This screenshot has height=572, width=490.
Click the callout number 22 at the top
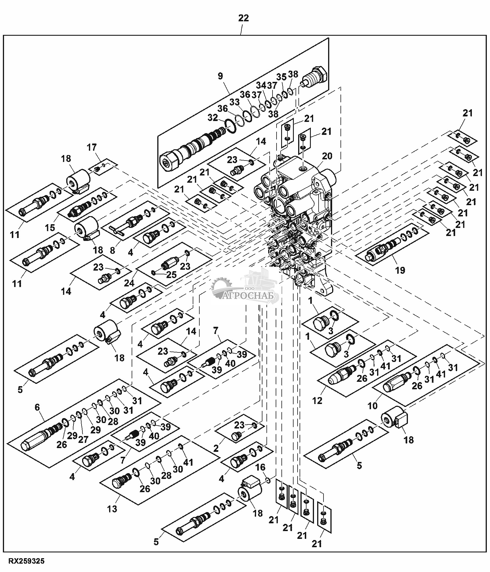(x=243, y=18)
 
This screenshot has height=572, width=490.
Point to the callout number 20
(x=327, y=156)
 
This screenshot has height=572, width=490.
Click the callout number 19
(x=400, y=270)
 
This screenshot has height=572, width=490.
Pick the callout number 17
(x=92, y=147)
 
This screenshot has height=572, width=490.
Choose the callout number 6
(x=37, y=407)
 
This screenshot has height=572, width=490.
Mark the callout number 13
(x=112, y=509)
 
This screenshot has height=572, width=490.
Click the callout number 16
(x=261, y=467)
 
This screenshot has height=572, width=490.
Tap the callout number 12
(x=317, y=401)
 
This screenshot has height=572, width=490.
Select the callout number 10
(x=372, y=406)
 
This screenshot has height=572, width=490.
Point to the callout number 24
(x=129, y=283)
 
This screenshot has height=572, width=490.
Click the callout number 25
(x=172, y=274)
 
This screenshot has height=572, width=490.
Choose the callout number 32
(x=213, y=118)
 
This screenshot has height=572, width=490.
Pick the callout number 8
(x=112, y=250)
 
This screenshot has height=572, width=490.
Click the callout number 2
(x=216, y=448)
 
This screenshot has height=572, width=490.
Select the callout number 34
(x=261, y=85)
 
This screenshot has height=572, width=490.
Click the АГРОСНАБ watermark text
(x=251, y=296)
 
